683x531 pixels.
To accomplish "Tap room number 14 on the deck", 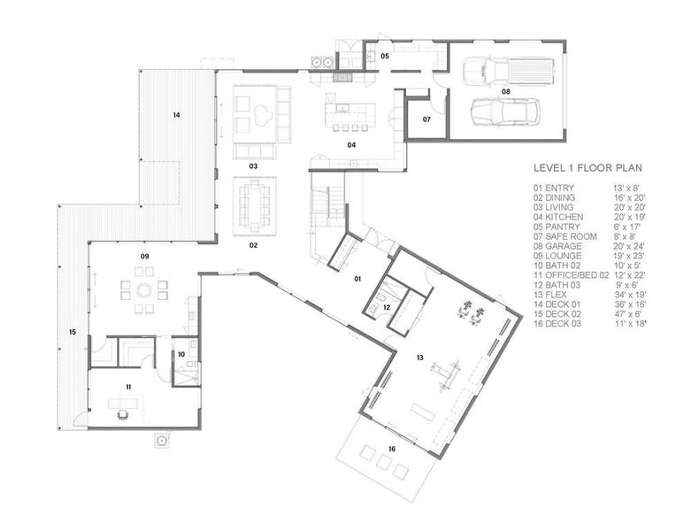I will click(176, 115).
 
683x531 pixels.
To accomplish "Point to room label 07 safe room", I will click(426, 119).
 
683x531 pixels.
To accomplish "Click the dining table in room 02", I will click(254, 203).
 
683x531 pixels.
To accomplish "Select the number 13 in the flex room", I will click(421, 358).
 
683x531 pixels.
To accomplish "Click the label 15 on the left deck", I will click(72, 332).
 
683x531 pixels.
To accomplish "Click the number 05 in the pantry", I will click(384, 56).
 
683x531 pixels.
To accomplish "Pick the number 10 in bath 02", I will click(180, 354).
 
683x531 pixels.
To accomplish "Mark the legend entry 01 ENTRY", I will click(554, 189).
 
